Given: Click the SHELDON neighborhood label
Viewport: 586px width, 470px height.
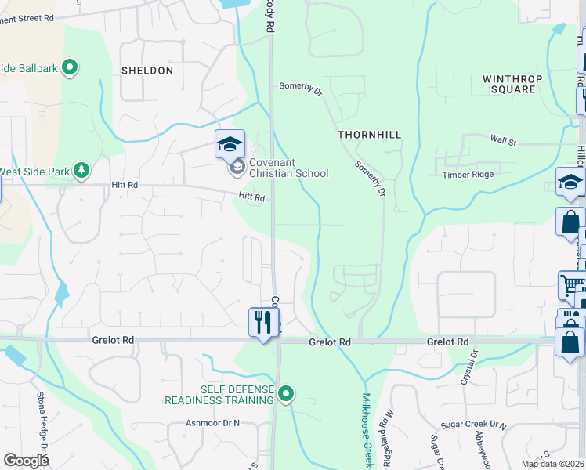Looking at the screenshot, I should (x=147, y=70).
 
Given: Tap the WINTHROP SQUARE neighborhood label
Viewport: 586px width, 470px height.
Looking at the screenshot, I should (x=508, y=84).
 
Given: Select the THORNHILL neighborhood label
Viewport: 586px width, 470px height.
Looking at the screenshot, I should (x=369, y=135).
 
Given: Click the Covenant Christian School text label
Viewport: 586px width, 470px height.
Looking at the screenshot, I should (x=288, y=168).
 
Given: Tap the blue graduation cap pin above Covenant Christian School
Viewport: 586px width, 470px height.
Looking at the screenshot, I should (x=230, y=144).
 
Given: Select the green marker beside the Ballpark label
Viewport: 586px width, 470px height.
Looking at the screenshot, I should (x=71, y=68).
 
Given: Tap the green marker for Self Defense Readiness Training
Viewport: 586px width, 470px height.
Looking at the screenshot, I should (x=287, y=394).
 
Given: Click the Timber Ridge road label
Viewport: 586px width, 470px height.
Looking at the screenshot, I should (x=467, y=175).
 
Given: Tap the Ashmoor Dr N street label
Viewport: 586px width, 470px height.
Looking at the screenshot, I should (x=212, y=423).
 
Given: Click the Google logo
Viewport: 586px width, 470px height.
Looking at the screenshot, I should (x=26, y=461).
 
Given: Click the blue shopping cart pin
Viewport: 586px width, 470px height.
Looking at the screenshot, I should (x=571, y=286).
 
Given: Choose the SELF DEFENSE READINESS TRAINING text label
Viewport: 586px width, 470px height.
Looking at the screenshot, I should (x=222, y=394).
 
